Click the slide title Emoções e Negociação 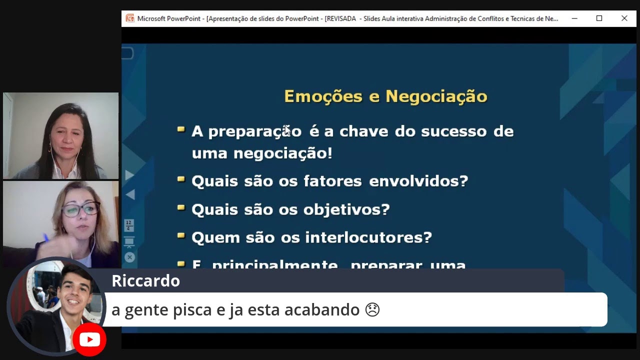(385, 96)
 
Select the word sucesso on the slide (454, 131)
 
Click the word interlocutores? (368, 237)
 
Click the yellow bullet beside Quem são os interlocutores (181, 234)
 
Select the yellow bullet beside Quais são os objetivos (181, 206)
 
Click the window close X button (624, 18)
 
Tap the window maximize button (599, 18)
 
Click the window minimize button (574, 18)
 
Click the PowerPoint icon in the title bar (130, 18)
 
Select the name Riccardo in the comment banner (145, 281)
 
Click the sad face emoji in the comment (372, 310)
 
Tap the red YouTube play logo (89, 340)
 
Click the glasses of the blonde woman (80, 209)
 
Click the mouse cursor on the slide (287, 130)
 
